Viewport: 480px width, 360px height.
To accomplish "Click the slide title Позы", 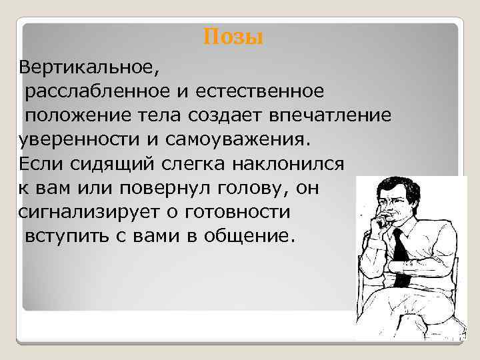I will pos(233,37).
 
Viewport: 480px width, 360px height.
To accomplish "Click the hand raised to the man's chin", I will pos(385,219).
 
